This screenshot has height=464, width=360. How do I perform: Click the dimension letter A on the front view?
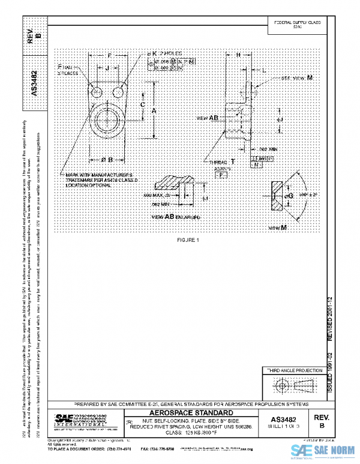(154, 111)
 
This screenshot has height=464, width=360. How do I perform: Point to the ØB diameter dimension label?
(107, 159)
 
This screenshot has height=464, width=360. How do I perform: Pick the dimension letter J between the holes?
(107, 69)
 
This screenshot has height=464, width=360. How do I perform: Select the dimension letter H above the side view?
(238, 55)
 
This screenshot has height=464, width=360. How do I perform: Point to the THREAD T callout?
(221, 163)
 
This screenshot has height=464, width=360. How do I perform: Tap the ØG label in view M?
(289, 196)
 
